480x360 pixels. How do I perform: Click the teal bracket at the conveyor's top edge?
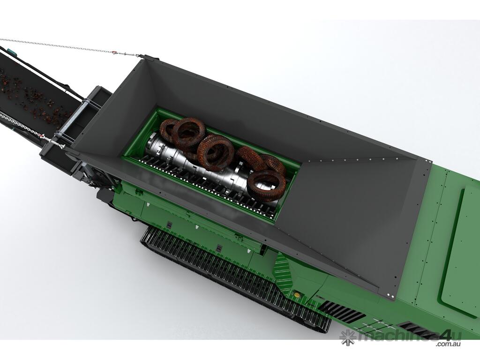12,52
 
